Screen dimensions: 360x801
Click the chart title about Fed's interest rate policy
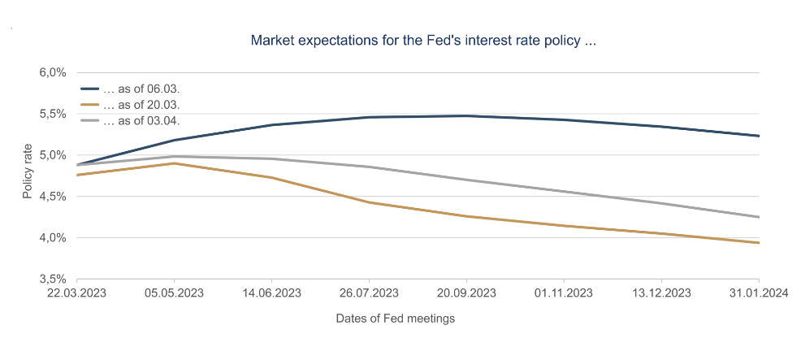(x=424, y=40)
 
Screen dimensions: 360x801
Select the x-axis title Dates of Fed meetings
(x=396, y=319)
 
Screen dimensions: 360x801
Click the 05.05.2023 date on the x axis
(x=174, y=293)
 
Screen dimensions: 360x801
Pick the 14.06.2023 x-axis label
(x=271, y=293)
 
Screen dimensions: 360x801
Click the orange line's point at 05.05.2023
(x=174, y=163)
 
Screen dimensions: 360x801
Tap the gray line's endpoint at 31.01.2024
(x=759, y=217)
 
